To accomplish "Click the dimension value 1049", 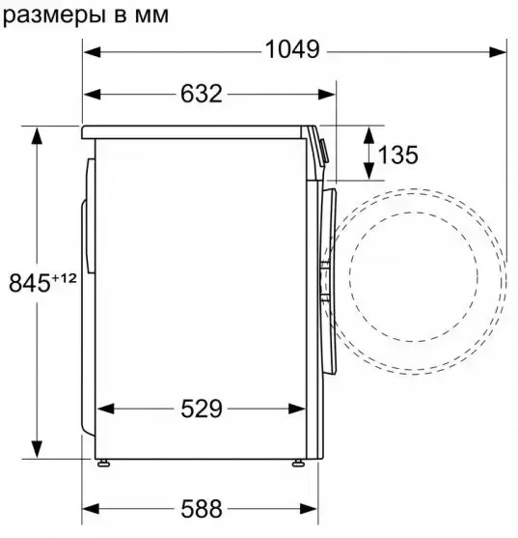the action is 292,50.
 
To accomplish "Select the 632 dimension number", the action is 202,94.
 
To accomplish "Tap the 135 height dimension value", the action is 397,155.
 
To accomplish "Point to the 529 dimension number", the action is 202,409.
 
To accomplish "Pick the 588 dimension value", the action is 202,508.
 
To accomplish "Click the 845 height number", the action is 30,283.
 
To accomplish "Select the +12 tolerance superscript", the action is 64,278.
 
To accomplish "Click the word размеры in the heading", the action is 54,16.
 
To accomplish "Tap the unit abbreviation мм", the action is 151,16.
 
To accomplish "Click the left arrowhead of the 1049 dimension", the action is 93,52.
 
